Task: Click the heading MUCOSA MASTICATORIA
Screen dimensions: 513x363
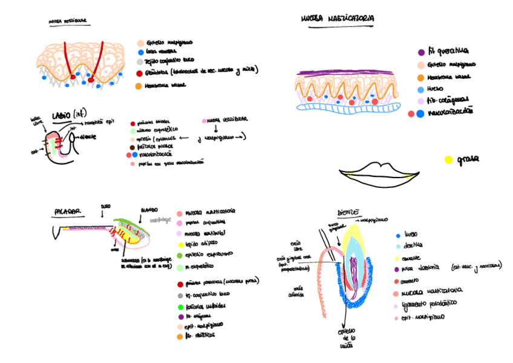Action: tap(337, 19)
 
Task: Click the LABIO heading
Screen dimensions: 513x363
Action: tap(67, 114)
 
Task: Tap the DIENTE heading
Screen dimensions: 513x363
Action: tap(348, 213)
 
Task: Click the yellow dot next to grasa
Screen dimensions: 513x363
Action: tap(448, 160)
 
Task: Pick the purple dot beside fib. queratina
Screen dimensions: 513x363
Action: tap(421, 53)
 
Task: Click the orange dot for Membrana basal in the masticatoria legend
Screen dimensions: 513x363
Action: tap(421, 77)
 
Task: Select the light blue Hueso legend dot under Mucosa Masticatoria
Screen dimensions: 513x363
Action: tap(421, 89)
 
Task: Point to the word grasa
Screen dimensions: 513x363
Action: tap(468, 160)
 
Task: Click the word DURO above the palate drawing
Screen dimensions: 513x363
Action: tap(106, 206)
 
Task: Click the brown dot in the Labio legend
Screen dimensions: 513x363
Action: tap(133, 147)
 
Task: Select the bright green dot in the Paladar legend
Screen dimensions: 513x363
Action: tap(181, 306)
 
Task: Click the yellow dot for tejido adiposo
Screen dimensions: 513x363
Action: tap(180, 245)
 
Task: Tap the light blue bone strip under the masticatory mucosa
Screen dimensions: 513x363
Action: tap(348, 108)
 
